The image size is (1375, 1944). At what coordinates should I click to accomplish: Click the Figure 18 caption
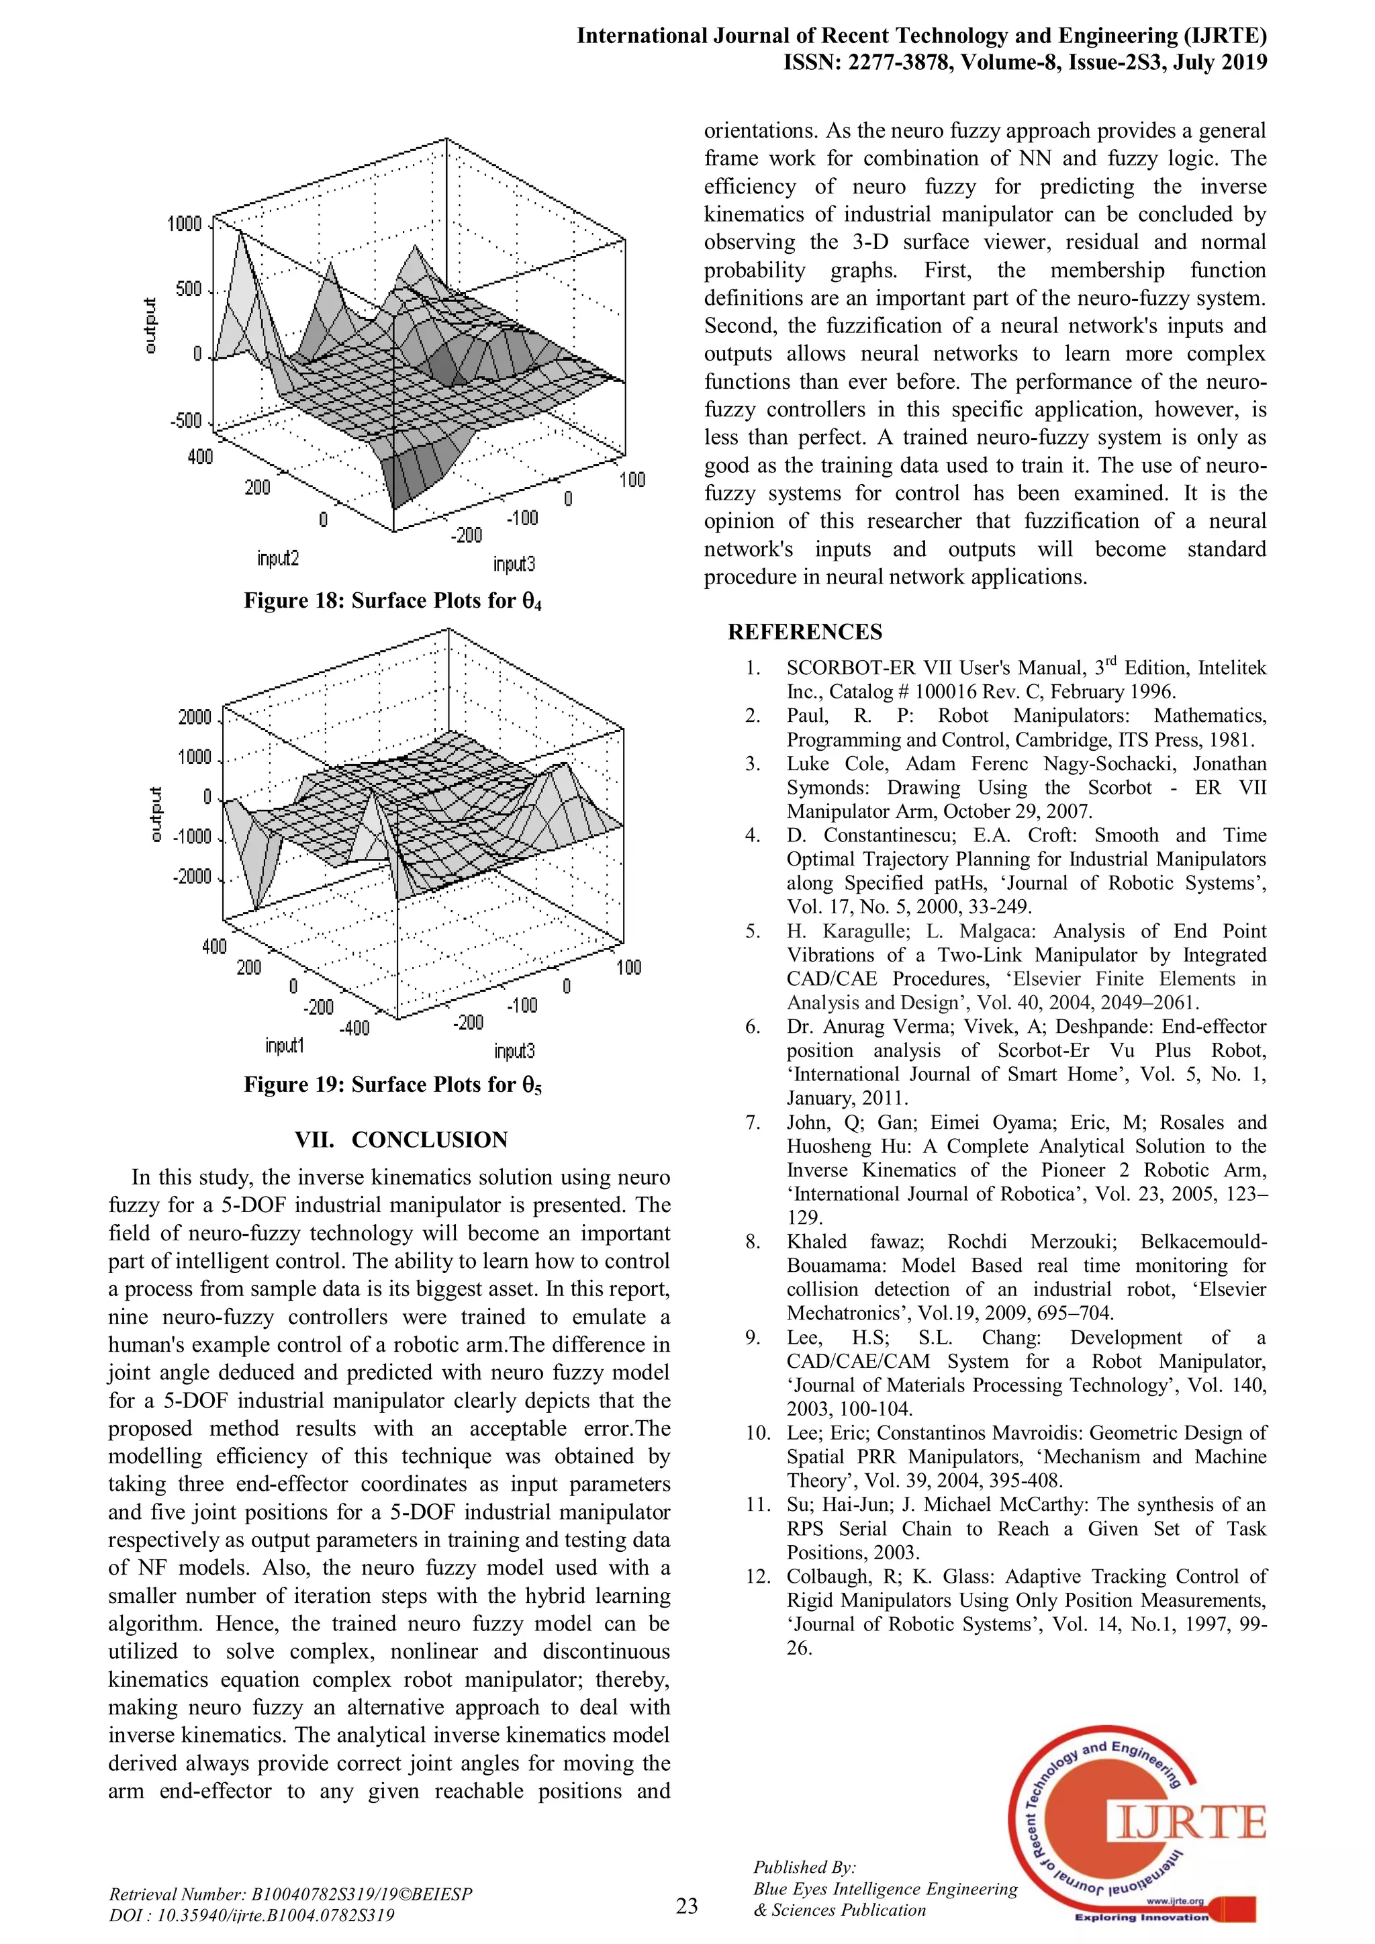(x=393, y=601)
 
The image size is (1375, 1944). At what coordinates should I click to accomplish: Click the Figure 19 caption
(x=393, y=1084)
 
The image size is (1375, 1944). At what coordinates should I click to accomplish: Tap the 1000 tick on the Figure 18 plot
(x=185, y=224)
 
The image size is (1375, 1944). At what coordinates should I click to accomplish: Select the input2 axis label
(x=278, y=559)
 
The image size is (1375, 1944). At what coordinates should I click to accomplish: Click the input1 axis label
(x=285, y=1046)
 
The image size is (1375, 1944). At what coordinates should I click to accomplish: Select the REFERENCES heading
(x=804, y=633)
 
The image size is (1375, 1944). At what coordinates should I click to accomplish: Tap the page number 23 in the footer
(x=687, y=1906)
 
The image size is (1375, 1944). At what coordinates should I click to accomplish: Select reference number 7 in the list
(x=753, y=1123)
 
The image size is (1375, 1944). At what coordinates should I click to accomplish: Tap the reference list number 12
(x=755, y=1577)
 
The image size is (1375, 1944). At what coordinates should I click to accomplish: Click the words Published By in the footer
(x=804, y=1867)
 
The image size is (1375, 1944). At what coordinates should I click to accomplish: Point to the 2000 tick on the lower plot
(x=195, y=718)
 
